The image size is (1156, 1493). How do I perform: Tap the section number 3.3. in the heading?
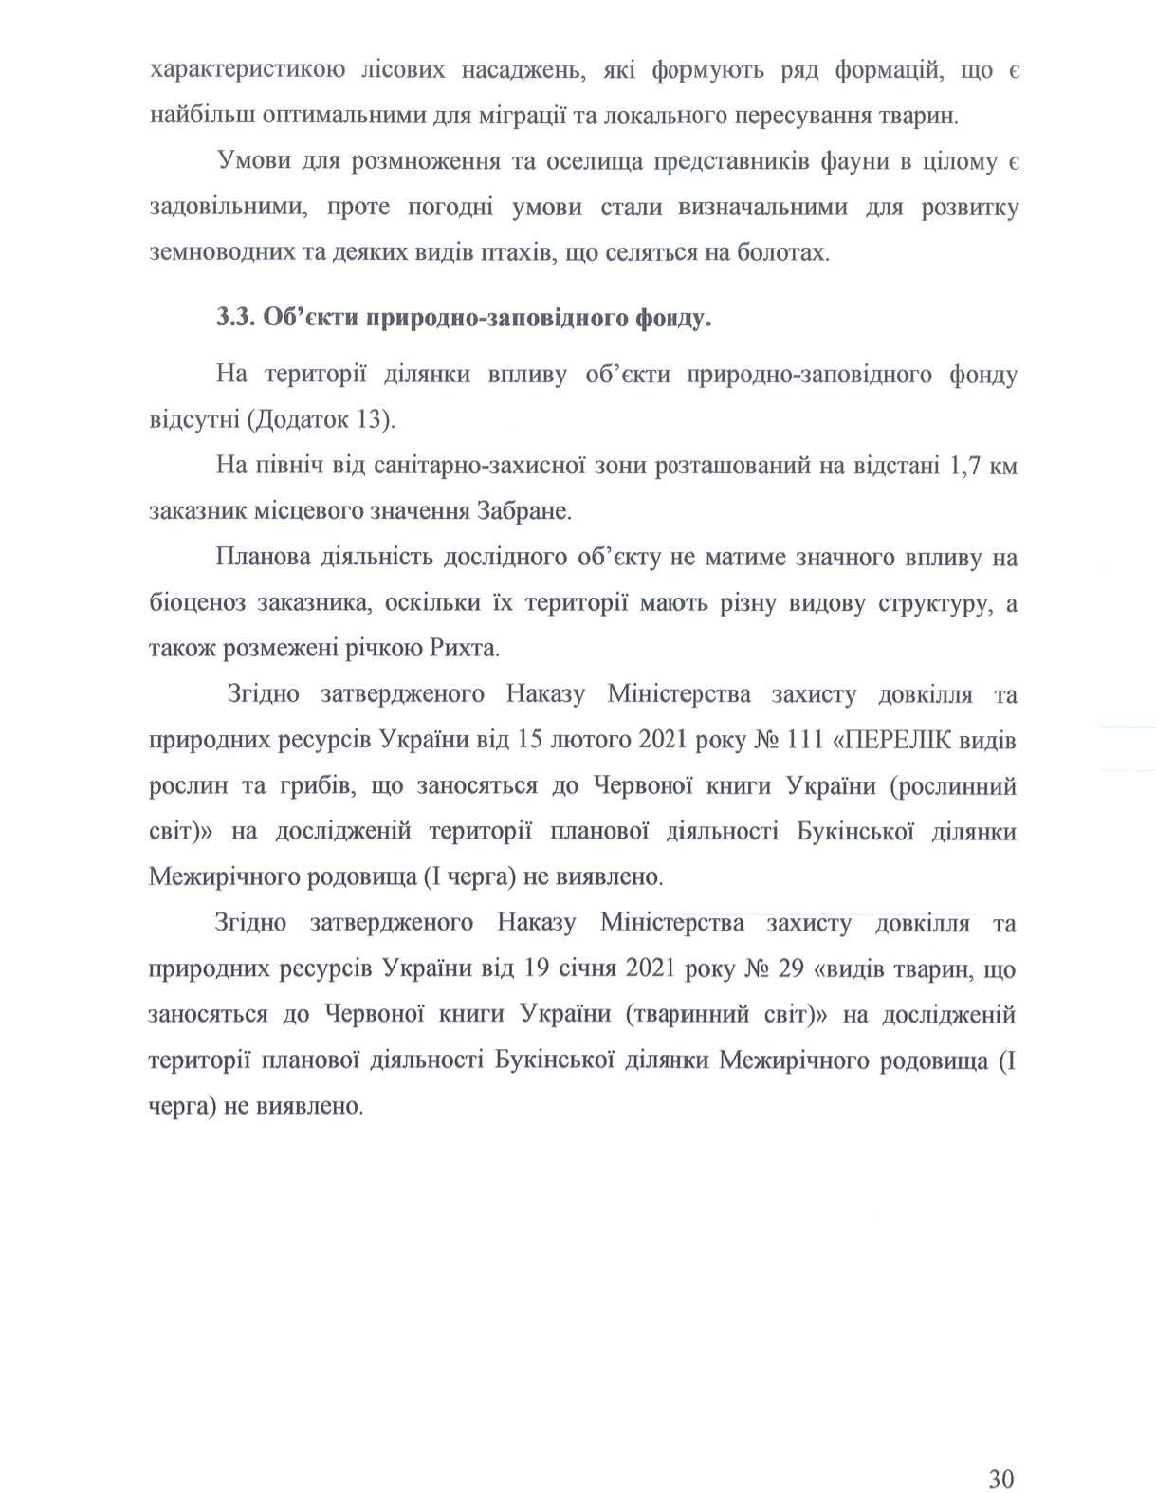tap(233, 318)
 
